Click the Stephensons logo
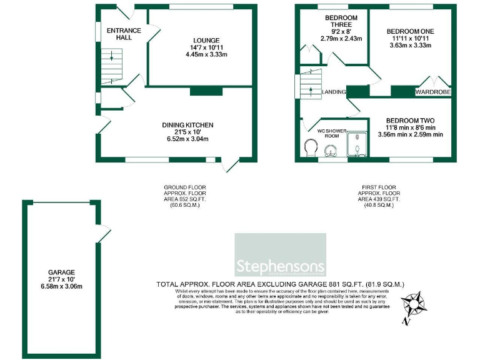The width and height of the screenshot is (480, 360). point(279,254)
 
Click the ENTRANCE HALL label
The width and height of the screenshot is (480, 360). point(124,34)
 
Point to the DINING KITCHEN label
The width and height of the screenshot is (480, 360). point(188,126)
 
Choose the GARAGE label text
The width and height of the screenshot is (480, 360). point(61,272)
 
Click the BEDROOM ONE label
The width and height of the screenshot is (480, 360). point(410,31)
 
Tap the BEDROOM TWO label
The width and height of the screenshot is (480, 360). point(410,121)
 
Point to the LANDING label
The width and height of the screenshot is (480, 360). point(334,92)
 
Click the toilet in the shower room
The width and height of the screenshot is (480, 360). point(309,148)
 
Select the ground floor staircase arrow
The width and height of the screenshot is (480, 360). point(112,57)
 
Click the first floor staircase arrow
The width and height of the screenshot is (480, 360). point(311,87)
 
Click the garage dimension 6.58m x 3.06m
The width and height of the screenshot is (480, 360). point(61,286)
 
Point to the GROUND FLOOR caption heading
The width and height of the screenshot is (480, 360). point(184,187)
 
